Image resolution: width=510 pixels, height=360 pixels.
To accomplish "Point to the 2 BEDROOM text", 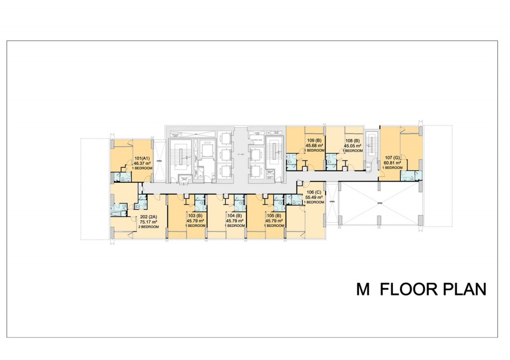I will click(148, 227).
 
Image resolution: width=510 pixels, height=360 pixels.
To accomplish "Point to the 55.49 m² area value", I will click(314, 198).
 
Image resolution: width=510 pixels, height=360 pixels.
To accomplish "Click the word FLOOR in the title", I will click(408, 290).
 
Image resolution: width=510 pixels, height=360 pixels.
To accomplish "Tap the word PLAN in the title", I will click(464, 290).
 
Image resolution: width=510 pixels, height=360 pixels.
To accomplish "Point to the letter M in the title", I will click(363, 290).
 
